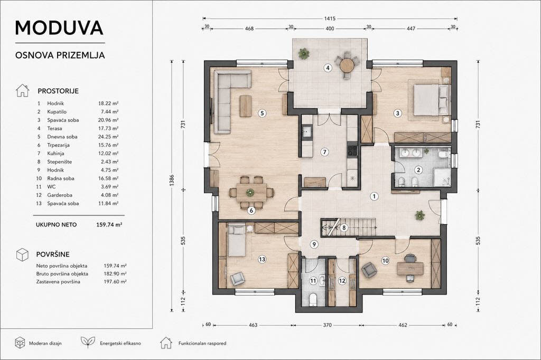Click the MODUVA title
click(59, 28)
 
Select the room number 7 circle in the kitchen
click(324, 152)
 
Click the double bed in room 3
click(431, 100)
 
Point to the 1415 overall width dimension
click(330, 18)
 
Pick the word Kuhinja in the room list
click(55, 154)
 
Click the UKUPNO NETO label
click(56, 225)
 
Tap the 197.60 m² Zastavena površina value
click(115, 282)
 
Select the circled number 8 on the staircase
click(343, 228)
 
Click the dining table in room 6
click(251, 193)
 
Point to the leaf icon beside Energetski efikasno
click(88, 343)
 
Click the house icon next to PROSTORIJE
click(22, 90)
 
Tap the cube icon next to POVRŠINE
click(22, 254)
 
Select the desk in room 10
click(410, 269)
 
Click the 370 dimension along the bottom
click(327, 325)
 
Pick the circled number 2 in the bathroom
click(418, 169)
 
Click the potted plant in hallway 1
click(420, 215)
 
